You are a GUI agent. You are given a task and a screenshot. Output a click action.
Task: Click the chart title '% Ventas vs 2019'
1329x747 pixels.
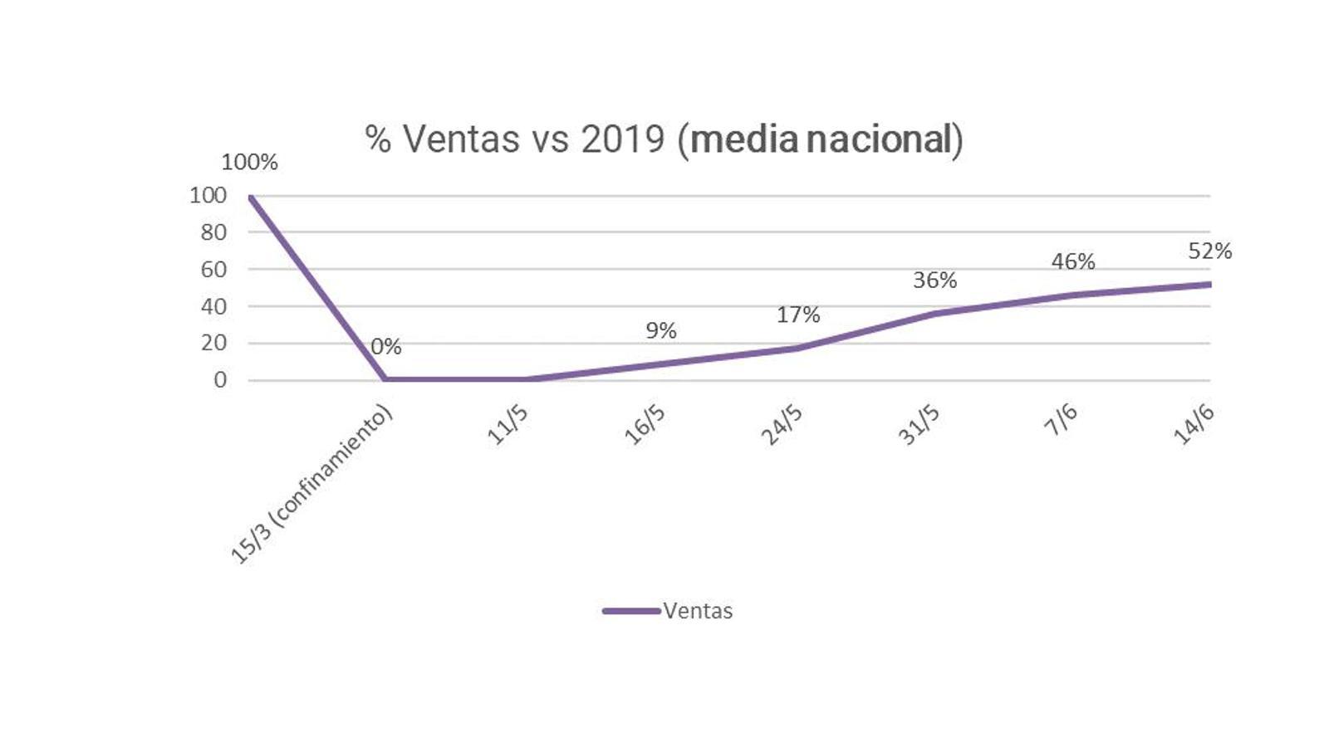tap(664, 139)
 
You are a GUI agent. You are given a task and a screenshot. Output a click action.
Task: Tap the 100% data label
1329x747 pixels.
tap(249, 163)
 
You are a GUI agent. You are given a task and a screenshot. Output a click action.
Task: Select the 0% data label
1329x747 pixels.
tap(386, 347)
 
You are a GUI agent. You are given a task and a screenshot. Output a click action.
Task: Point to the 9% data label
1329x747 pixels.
tap(661, 331)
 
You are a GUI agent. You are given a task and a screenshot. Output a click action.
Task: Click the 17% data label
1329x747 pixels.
tap(798, 315)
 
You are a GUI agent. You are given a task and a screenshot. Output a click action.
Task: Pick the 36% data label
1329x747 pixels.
tap(935, 281)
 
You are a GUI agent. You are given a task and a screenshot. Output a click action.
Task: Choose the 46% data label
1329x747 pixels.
tap(1073, 262)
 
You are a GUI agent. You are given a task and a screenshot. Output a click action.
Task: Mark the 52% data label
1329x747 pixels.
tap(1209, 251)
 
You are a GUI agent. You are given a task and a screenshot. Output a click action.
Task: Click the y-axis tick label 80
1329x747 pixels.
tap(213, 232)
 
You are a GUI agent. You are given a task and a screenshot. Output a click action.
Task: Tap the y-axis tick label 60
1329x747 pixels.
tap(213, 269)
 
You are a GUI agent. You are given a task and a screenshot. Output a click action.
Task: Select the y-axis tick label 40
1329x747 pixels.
tap(213, 306)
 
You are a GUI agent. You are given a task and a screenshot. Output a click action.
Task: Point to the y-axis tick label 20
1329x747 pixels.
tap(213, 343)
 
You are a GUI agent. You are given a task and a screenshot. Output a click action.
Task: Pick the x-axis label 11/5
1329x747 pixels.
tap(507, 426)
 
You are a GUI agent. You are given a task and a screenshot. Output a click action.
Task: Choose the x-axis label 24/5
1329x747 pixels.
tap(782, 426)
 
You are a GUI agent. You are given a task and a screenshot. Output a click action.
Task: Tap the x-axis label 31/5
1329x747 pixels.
tap(919, 426)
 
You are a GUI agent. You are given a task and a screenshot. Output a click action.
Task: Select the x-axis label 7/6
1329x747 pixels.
tap(1061, 421)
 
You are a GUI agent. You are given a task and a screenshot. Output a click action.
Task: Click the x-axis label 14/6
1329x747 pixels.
tap(1194, 426)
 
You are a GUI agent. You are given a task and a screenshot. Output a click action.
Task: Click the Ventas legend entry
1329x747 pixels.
tap(669, 612)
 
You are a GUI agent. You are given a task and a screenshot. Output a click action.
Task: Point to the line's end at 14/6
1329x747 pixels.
tap(1209, 285)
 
